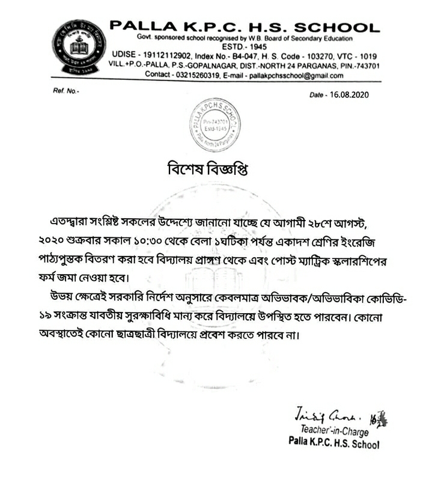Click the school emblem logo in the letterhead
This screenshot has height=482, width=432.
[x=78, y=47]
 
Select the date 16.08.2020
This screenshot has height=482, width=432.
[x=354, y=95]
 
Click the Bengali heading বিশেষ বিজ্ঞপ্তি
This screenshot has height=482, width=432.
[x=216, y=169]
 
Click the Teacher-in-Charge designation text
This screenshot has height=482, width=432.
[x=335, y=431]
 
